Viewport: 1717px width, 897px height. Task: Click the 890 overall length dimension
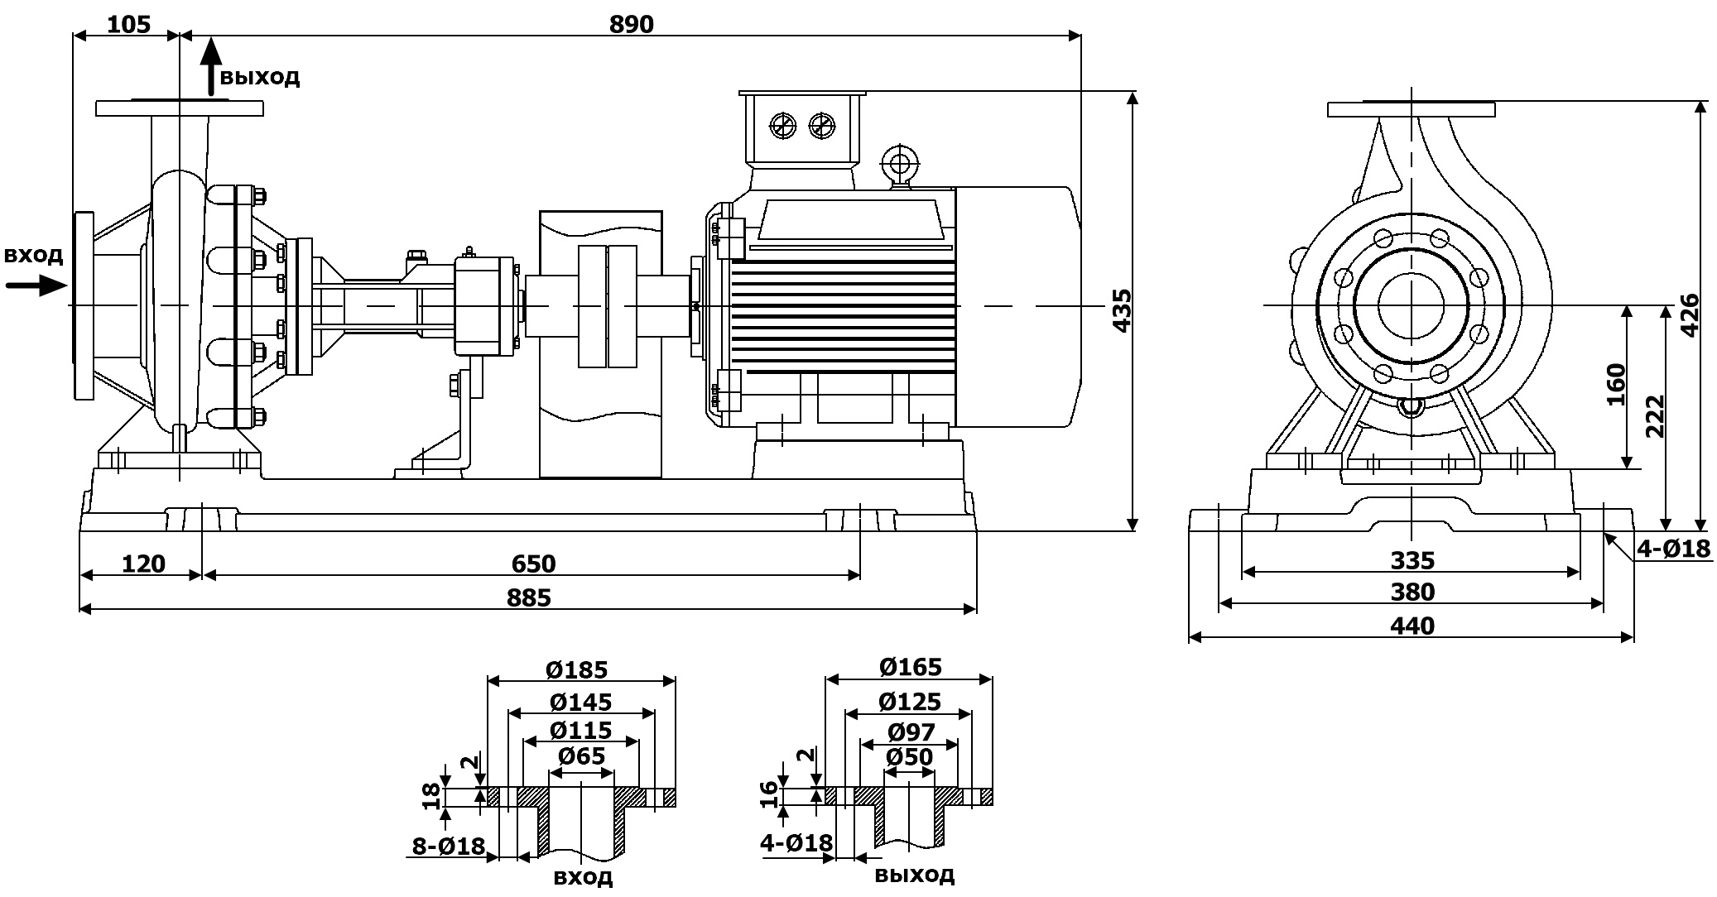[x=631, y=24]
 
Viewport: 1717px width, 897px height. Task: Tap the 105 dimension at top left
[x=129, y=24]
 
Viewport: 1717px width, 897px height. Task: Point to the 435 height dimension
[x=1121, y=310]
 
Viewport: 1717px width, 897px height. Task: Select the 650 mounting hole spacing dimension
[x=533, y=564]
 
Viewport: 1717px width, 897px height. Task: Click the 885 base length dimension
[x=528, y=597]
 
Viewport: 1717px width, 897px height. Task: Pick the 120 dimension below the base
[x=143, y=564]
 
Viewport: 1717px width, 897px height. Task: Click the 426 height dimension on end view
[x=1689, y=314]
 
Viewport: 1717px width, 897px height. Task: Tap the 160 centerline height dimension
[x=1615, y=385]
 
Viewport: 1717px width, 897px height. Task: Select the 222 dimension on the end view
[x=1654, y=415]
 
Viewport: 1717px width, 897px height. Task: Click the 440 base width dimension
[x=1412, y=626]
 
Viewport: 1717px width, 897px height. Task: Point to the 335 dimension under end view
[x=1412, y=560]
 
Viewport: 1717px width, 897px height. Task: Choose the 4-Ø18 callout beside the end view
[x=1673, y=548]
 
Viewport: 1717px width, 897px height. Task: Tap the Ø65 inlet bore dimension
[x=581, y=755]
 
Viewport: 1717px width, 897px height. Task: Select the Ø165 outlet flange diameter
[x=910, y=666]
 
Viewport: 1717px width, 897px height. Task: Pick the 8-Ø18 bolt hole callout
[x=448, y=846]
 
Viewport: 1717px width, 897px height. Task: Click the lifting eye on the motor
[x=899, y=162]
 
